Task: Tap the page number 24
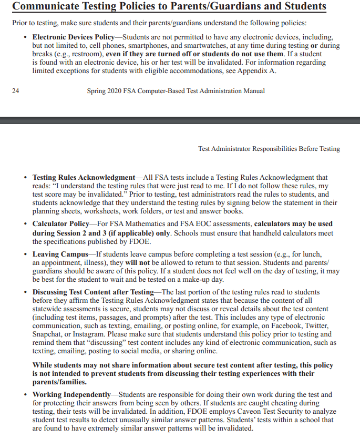(15, 91)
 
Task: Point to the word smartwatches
(201, 46)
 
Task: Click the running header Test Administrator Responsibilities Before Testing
(269, 149)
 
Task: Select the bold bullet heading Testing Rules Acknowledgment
(84, 178)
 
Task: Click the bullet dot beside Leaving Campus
(26, 254)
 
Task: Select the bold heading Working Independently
(72, 394)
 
